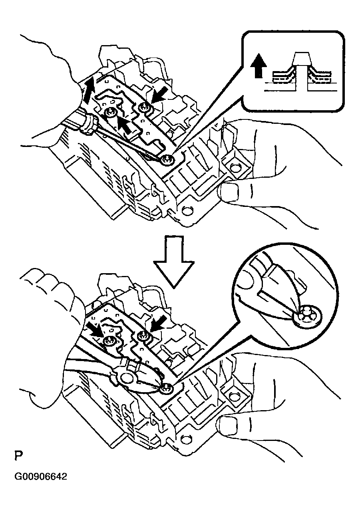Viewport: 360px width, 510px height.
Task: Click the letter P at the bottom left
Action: (18, 456)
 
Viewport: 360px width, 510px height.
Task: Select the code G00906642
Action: (41, 477)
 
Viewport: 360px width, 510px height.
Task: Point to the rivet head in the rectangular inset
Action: (302, 60)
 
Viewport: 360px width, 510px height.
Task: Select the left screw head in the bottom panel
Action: (109, 341)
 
